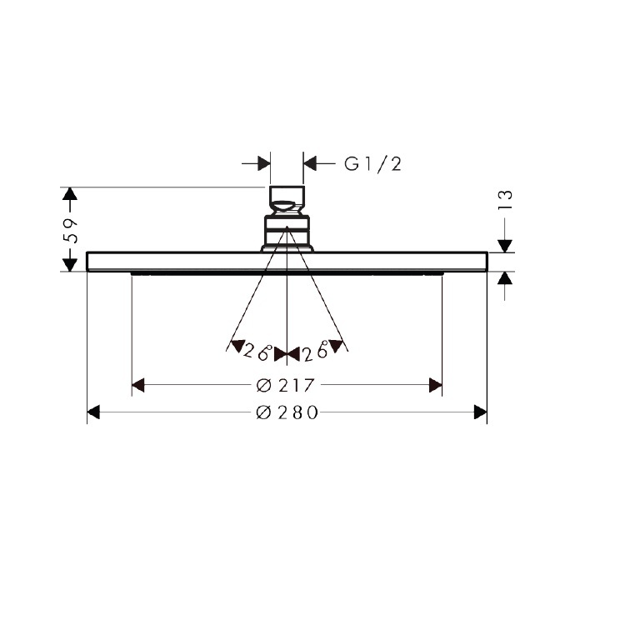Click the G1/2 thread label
tap(373, 164)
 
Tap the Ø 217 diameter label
tap(285, 385)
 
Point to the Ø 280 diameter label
tap(287, 412)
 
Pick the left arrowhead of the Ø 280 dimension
tap(94, 412)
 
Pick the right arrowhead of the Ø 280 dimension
tap(480, 412)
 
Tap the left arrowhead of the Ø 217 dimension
tap(139, 385)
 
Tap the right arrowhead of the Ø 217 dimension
tap(435, 385)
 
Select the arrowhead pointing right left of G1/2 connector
tap(263, 163)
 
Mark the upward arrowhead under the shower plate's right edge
tap(505, 279)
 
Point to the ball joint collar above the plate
tap(287, 230)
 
